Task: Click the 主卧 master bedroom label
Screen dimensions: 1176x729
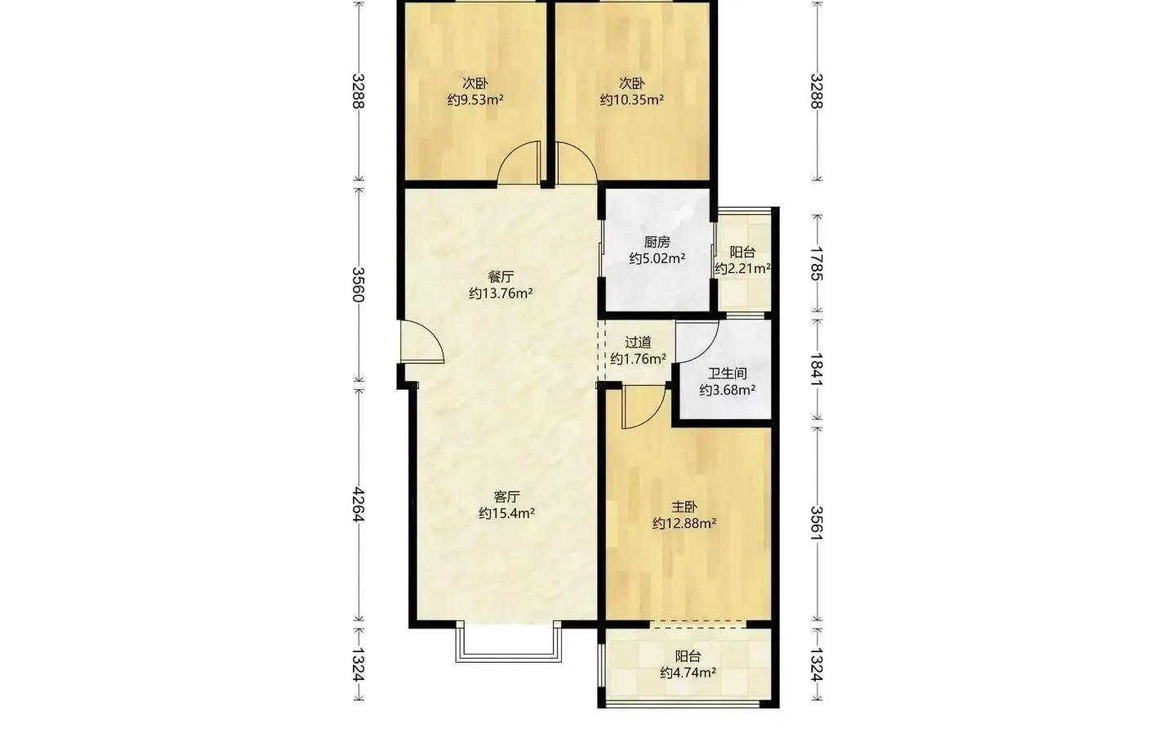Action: [x=684, y=507]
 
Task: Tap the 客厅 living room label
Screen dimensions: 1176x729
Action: [x=506, y=496]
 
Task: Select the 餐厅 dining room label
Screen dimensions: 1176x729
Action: [x=501, y=276]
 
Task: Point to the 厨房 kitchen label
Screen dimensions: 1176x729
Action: [x=657, y=242]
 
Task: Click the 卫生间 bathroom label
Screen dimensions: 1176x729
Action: [x=727, y=373]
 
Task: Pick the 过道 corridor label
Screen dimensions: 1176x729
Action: [x=639, y=342]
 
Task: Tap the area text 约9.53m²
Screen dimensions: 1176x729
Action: [x=475, y=99]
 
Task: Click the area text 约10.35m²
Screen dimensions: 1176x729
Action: [x=632, y=99]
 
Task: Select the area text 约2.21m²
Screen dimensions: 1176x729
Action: [x=742, y=268]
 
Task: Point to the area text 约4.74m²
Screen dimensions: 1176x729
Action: [x=688, y=673]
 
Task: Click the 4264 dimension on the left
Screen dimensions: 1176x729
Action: [x=358, y=504]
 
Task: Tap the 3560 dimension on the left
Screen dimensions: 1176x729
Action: [x=358, y=284]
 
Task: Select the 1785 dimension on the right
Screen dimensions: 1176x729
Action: [x=817, y=263]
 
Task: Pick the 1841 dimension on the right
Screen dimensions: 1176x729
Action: [x=817, y=369]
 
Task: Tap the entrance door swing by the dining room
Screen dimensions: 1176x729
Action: [x=421, y=342]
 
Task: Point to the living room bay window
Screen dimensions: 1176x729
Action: [x=509, y=642]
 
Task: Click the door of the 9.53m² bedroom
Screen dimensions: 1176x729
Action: [x=519, y=163]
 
